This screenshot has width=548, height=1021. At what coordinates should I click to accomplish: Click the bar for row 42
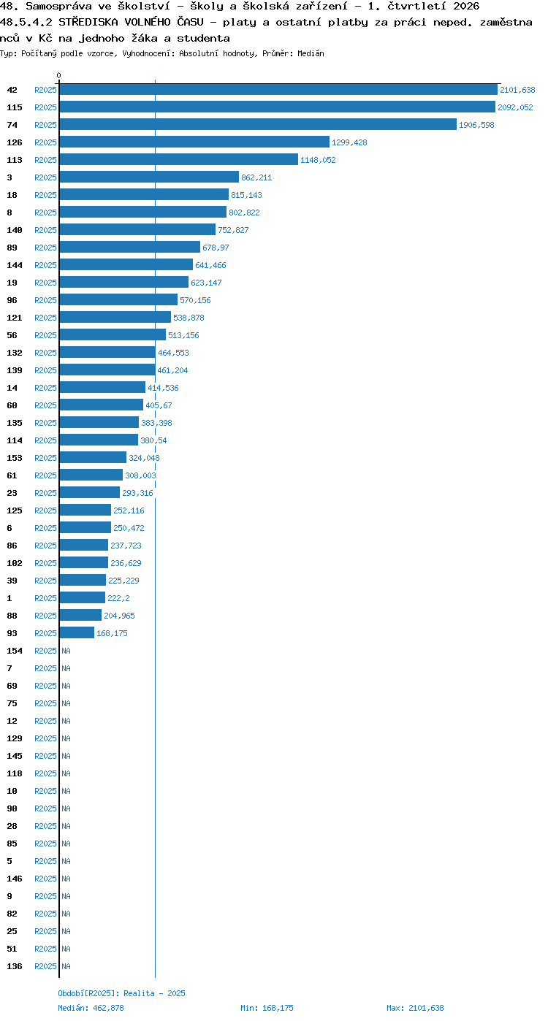pyautogui.click(x=278, y=89)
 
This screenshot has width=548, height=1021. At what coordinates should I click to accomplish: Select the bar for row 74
pyautogui.click(x=258, y=124)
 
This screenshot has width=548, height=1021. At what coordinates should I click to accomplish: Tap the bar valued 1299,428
pyautogui.click(x=194, y=142)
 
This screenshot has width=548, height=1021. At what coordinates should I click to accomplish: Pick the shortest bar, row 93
pyautogui.click(x=77, y=632)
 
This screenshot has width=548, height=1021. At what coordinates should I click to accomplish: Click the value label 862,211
pyautogui.click(x=256, y=177)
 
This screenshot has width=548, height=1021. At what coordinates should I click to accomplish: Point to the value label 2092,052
pyautogui.click(x=515, y=107)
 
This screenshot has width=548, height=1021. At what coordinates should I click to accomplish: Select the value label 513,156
pyautogui.click(x=183, y=335)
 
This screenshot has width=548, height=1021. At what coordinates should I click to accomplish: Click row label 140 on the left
pyautogui.click(x=14, y=230)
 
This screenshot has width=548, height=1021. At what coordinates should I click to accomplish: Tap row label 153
pyautogui.click(x=14, y=458)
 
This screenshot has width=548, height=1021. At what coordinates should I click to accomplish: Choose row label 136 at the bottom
pyautogui.click(x=14, y=966)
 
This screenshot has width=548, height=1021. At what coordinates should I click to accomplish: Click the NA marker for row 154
pyautogui.click(x=66, y=651)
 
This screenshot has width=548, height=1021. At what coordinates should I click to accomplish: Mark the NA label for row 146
pyautogui.click(x=66, y=879)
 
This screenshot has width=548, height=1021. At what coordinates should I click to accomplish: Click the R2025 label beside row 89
pyautogui.click(x=45, y=248)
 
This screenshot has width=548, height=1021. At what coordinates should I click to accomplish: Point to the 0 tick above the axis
pyautogui.click(x=58, y=75)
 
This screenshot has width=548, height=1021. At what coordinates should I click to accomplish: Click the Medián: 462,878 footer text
pyautogui.click(x=91, y=1008)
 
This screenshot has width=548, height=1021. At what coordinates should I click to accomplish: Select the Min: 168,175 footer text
pyautogui.click(x=267, y=1008)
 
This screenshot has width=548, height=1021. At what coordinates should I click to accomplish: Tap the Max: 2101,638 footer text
pyautogui.click(x=415, y=1008)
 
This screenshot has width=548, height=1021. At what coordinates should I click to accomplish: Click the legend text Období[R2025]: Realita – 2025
pyautogui.click(x=121, y=993)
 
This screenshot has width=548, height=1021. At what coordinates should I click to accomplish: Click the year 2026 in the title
pyautogui.click(x=466, y=7)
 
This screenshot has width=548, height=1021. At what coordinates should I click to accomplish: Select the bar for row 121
pyautogui.click(x=115, y=317)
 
